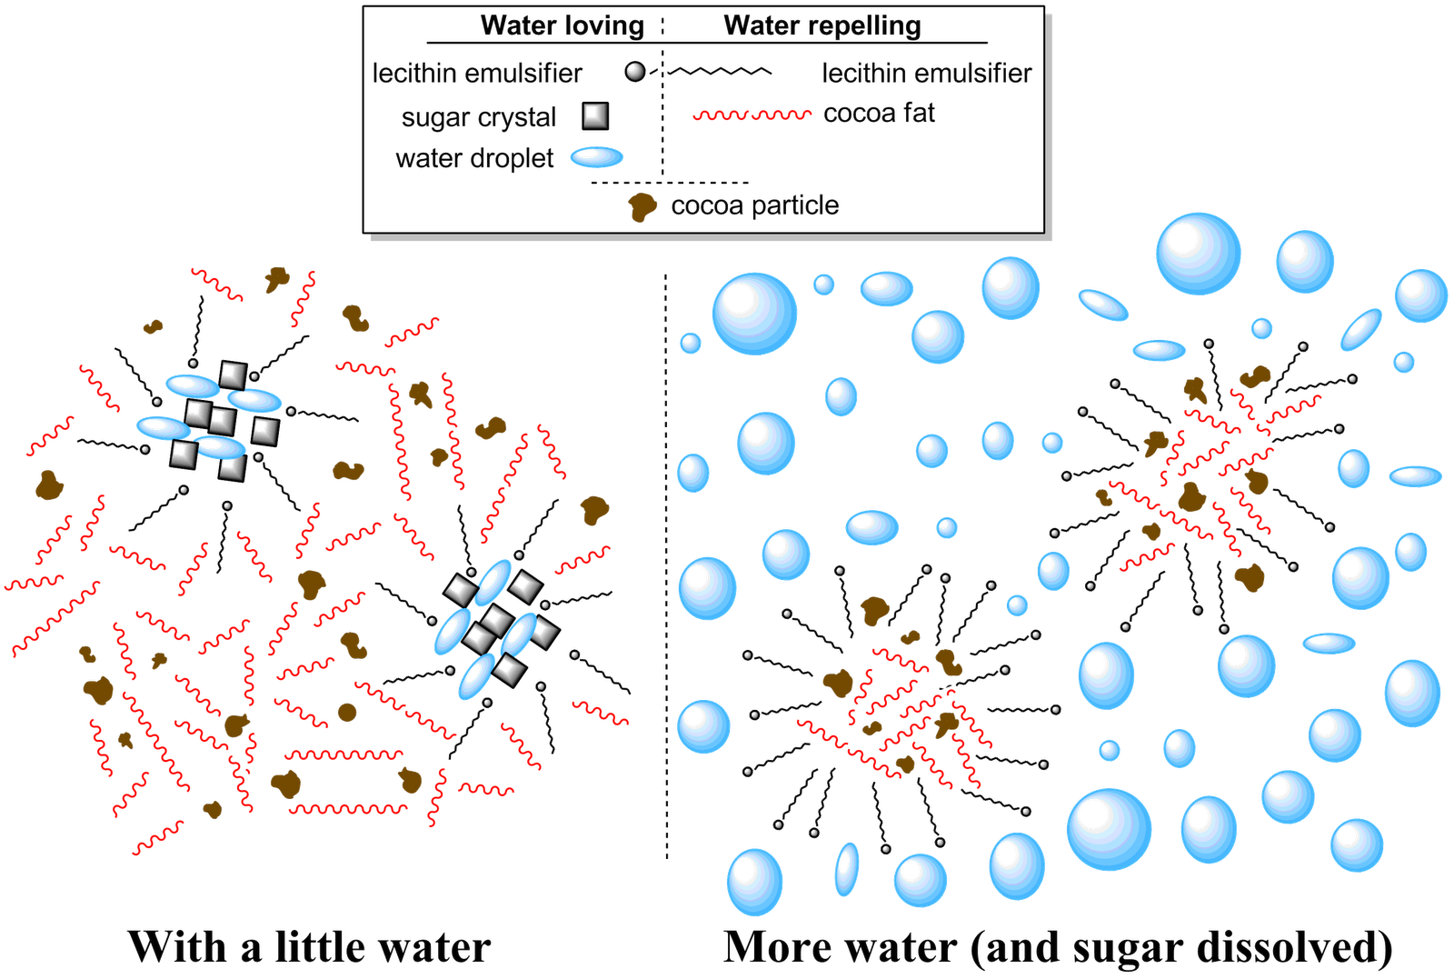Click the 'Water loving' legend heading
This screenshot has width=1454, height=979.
(561, 26)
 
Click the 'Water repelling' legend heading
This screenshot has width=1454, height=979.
(822, 26)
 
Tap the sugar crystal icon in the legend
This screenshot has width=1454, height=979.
(595, 116)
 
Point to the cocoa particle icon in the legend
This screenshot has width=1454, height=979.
(643, 207)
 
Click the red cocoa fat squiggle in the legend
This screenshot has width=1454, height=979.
(752, 115)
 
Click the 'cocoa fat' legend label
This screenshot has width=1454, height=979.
(879, 114)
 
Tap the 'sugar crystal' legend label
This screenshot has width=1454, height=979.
(477, 118)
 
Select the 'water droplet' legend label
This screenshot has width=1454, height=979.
(474, 159)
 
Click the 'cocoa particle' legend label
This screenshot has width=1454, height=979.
(754, 206)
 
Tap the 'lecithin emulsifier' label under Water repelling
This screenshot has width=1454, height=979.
(928, 73)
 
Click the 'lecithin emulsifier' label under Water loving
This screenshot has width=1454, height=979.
(479, 73)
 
